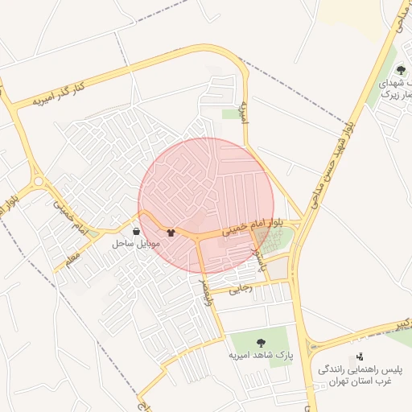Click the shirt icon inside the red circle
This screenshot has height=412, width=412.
click(171, 233)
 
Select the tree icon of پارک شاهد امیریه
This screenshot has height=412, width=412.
click(260, 343)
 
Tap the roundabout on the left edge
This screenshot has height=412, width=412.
click(37, 182)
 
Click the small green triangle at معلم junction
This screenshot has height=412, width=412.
click(94, 234)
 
